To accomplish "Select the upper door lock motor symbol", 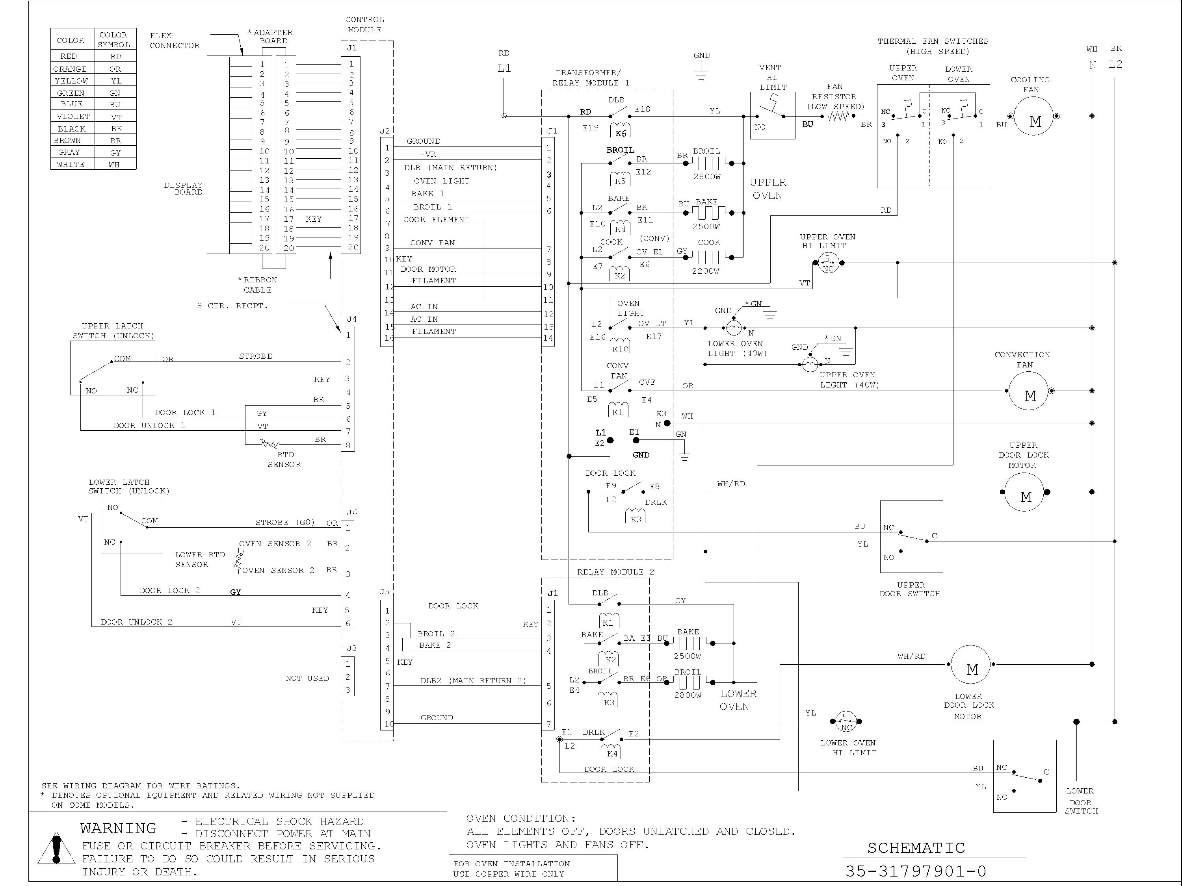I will tap(1024, 492).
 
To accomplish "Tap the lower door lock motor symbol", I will tap(970, 665).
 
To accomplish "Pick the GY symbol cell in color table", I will tap(115, 152).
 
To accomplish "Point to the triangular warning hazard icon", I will tap(56, 849).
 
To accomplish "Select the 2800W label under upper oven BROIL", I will tap(707, 177).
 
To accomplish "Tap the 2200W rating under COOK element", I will tap(705, 271).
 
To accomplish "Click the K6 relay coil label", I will tap(621, 133).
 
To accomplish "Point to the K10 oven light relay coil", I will tap(620, 349).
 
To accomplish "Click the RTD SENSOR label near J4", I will tap(284, 459).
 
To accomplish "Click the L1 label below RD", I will tap(504, 69).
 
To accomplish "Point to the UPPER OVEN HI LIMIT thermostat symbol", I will tap(828, 263).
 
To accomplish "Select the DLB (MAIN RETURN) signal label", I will tap(450, 168).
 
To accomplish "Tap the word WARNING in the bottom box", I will tap(118, 829).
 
